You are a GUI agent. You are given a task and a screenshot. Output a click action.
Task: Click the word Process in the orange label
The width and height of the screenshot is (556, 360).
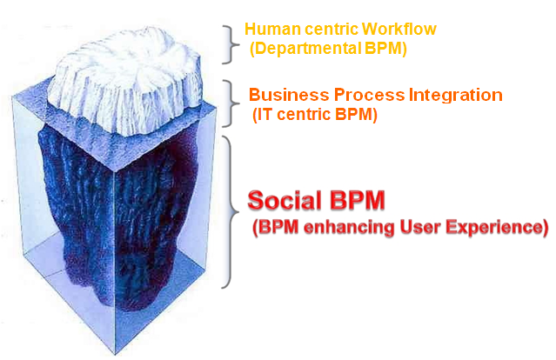click(x=369, y=95)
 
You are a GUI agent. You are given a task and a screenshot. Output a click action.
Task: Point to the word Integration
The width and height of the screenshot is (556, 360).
click(x=456, y=96)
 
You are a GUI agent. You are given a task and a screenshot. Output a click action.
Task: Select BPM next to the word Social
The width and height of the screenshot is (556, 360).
click(x=357, y=200)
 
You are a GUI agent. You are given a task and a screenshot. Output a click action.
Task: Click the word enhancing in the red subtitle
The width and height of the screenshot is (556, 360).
click(x=349, y=227)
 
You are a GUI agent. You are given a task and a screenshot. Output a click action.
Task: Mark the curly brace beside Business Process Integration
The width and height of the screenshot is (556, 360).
click(x=232, y=103)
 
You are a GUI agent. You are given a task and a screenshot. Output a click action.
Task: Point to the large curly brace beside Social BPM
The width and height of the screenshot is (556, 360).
click(x=231, y=212)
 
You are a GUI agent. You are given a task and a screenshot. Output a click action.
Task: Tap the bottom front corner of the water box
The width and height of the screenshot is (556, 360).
click(x=115, y=355)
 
